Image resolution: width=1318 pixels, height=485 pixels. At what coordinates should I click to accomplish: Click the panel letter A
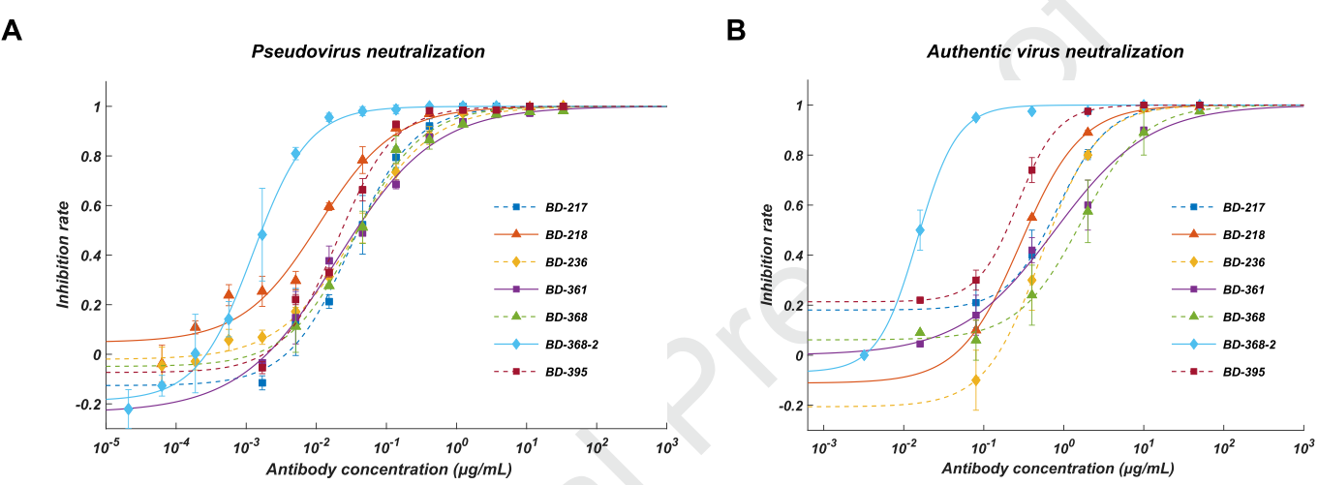click(13, 31)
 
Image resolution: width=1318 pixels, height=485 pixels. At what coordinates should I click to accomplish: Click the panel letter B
click(736, 31)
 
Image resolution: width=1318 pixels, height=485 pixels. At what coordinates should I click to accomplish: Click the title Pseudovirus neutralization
click(368, 50)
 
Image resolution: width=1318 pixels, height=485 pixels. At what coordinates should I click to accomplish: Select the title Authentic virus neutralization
click(1055, 50)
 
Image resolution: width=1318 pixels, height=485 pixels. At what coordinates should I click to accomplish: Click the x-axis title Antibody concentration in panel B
click(1058, 469)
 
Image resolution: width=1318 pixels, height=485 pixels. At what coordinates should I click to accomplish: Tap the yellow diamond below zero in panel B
click(976, 380)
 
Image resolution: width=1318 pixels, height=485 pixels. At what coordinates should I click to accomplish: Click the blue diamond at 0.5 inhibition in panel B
click(920, 230)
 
